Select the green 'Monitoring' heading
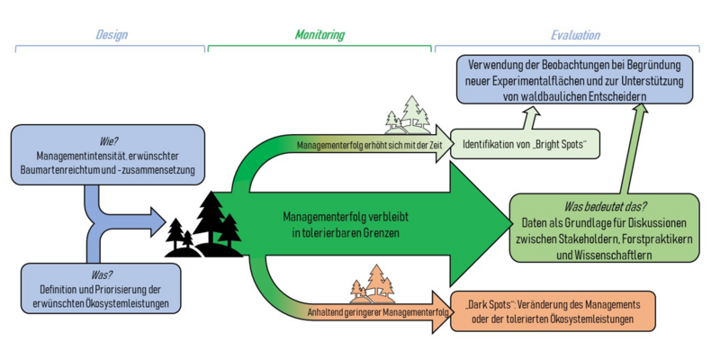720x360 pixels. point(319,36)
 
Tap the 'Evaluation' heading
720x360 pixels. point(576,36)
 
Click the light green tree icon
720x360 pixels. point(410,116)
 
